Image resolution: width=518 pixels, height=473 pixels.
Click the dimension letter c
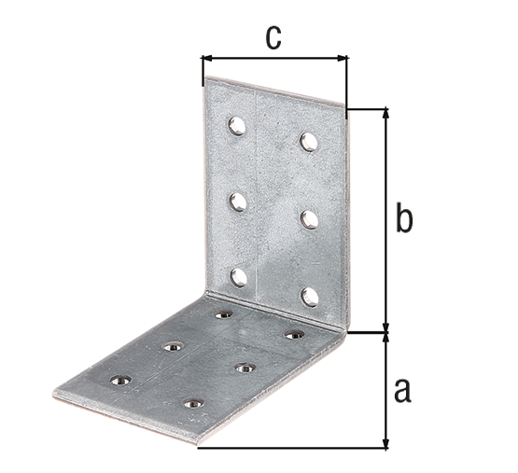(272, 36)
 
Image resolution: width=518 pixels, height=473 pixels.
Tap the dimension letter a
(402, 388)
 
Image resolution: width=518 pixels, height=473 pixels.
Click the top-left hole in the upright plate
(238, 125)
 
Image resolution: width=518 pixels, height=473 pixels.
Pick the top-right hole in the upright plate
(309, 142)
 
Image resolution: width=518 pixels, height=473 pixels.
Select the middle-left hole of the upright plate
(238, 201)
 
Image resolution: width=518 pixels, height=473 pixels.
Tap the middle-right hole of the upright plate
(310, 218)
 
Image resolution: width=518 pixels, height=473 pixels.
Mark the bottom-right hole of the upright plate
(310, 296)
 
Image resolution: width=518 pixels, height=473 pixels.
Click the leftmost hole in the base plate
(119, 380)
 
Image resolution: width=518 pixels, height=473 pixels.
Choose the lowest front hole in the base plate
(192, 404)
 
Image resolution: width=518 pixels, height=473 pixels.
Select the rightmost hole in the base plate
(294, 334)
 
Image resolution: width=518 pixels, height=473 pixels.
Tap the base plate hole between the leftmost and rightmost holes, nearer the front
(244, 369)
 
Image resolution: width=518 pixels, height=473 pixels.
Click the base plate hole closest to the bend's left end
(223, 315)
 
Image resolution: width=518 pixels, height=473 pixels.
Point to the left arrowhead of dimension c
(206, 58)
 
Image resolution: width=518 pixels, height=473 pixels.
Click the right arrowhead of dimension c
(343, 58)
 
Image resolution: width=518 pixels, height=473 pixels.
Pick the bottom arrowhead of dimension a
(385, 443)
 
